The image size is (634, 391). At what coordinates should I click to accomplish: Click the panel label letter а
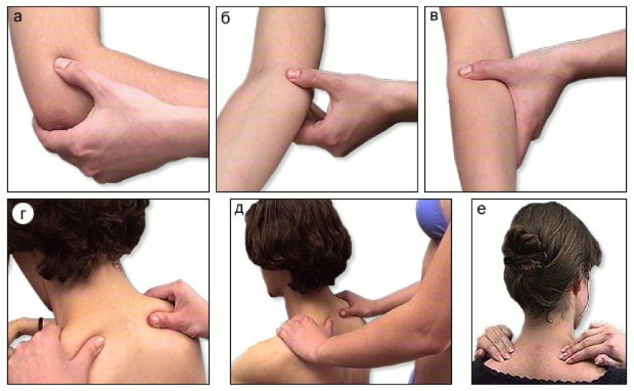coord(17,18)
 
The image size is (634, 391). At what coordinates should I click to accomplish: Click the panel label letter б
coord(226,18)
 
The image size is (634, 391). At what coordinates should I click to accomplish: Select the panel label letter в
coord(434,17)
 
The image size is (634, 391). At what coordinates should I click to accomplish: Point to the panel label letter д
coord(239,209)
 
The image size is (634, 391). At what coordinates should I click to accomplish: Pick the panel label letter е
coord(481,210)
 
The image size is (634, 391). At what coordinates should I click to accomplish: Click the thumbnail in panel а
coord(63,63)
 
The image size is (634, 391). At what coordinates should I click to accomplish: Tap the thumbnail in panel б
coord(294,74)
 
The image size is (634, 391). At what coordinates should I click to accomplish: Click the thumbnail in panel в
coord(466,71)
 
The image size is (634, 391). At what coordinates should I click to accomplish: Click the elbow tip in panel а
coord(47,121)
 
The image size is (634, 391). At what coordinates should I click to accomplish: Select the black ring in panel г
coord(40,323)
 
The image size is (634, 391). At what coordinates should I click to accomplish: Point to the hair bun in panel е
coord(524,247)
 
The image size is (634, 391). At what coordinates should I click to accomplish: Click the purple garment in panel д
coord(433,219)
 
